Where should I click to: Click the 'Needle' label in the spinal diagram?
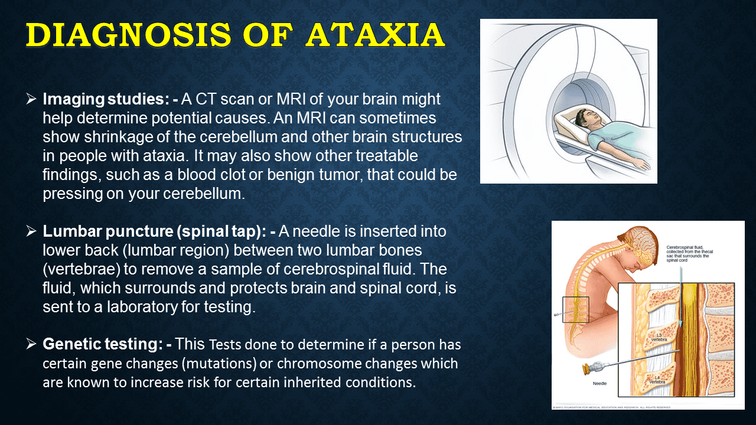tap(601, 384)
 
